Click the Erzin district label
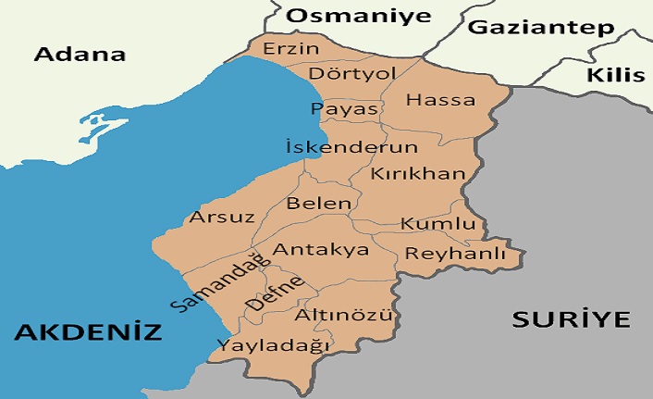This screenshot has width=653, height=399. coord(291,48)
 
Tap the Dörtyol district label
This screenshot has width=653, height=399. coord(339,72)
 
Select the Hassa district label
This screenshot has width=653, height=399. coord(440,100)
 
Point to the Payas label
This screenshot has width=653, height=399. coord(344,109)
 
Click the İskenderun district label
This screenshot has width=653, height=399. coord(351,147)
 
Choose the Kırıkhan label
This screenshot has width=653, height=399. coord(411,173)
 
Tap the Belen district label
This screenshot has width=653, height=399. coord(319,203)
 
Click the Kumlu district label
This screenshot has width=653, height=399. coord(437,225)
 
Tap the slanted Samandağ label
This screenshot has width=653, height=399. coord(211,281)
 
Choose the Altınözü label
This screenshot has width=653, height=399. coord(344,316)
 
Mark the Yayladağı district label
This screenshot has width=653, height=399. coord(273,344)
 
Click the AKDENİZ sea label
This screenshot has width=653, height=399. coord(88,331)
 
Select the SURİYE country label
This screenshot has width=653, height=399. coord(571,320)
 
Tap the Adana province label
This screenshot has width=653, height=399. coord(80,54)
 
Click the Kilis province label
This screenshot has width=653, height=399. coord(615,74)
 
